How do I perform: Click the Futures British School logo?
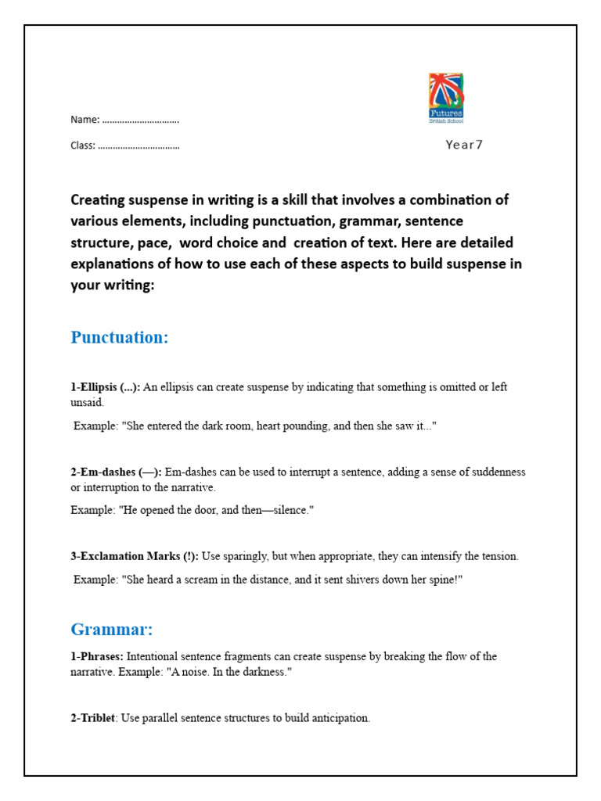(x=446, y=99)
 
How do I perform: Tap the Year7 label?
(x=464, y=145)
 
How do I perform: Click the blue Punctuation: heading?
(x=120, y=337)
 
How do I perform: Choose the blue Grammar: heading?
(x=111, y=629)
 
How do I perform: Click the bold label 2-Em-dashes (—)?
(x=117, y=472)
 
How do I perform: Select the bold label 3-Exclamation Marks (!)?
(x=134, y=556)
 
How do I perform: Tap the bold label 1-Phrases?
(x=97, y=656)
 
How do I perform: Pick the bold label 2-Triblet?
(x=93, y=718)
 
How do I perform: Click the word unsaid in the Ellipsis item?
(x=87, y=402)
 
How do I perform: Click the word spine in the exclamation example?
(x=439, y=580)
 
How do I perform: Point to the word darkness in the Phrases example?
(x=262, y=672)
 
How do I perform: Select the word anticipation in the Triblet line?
(x=337, y=718)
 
